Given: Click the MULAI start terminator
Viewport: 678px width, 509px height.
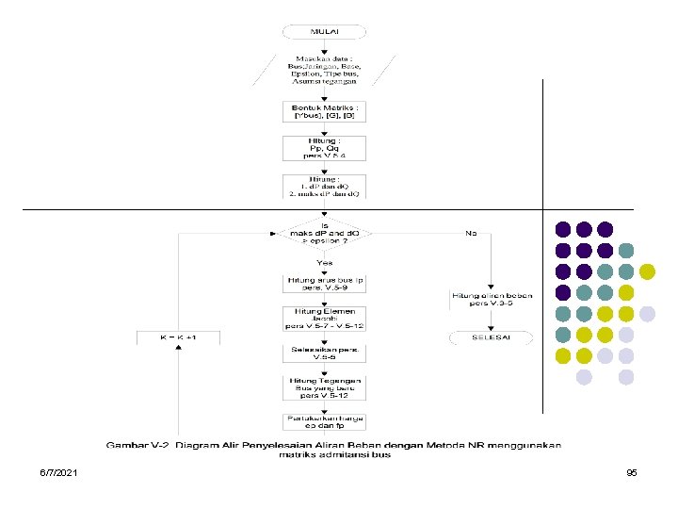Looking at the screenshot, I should coord(325,30).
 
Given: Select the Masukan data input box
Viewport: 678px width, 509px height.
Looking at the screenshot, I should coord(325,69).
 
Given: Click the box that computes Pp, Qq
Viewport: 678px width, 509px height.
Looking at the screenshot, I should coord(325,148).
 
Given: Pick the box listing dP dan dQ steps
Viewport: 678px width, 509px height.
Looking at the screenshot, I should coord(325,186).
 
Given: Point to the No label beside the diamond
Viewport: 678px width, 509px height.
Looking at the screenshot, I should coord(471,232).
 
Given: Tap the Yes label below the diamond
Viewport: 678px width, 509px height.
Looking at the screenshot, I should coord(325,262).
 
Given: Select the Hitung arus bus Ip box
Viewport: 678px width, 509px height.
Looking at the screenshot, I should coord(325,283).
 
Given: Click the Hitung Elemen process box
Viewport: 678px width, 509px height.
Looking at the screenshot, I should coord(325,318).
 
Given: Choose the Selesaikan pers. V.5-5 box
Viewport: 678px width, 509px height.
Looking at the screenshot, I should coord(325,353).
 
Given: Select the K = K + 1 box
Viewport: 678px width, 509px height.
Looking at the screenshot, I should coord(177,337).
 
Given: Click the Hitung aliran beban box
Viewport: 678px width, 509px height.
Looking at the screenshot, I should coord(490,300).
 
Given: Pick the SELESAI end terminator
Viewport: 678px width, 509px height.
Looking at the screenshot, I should coord(490,337).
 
